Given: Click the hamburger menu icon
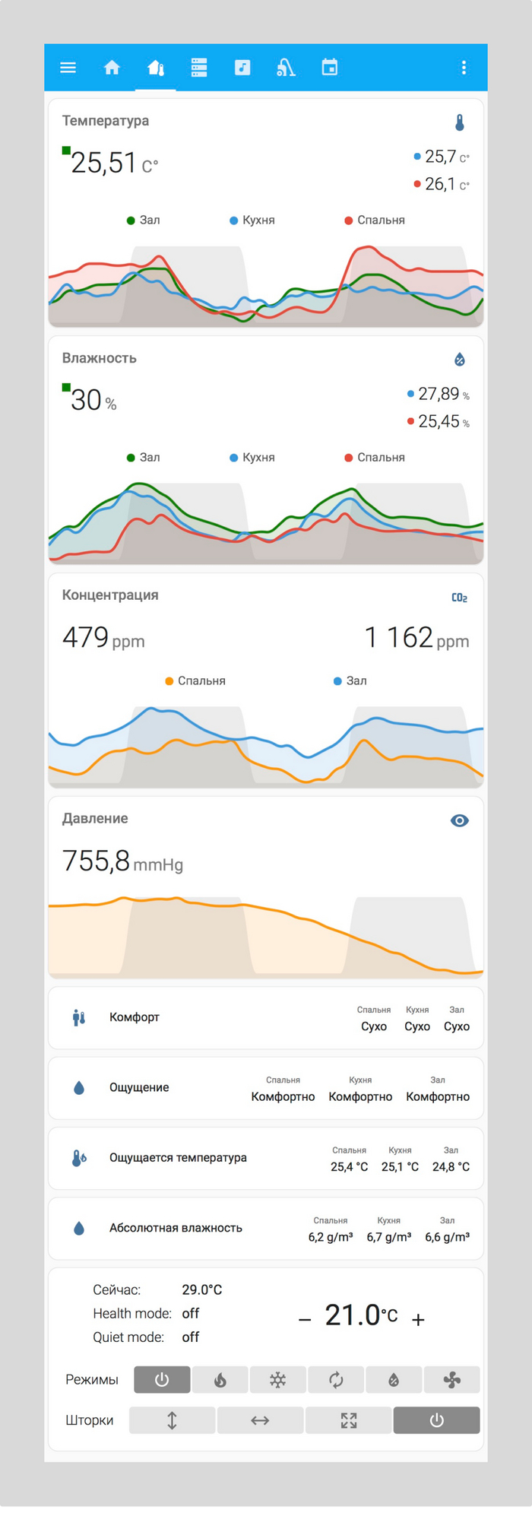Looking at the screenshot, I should point(68,68).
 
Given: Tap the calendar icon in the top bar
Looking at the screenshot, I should point(329,68).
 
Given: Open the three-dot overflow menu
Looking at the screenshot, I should point(464,68).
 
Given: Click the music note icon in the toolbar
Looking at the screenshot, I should point(242,68).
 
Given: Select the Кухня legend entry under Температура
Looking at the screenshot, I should point(252,220).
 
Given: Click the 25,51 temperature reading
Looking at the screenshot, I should point(103,163).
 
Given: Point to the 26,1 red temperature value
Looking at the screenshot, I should point(441,184).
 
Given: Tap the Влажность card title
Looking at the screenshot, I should point(100,358).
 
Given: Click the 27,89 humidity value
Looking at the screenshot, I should point(439,394).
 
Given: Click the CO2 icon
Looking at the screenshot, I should point(459,598).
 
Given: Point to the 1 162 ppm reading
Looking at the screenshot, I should point(416,638).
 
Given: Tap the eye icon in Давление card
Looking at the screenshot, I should point(459,820).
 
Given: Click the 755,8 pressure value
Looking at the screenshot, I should point(97,861).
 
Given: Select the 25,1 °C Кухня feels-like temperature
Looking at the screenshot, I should point(400,1167).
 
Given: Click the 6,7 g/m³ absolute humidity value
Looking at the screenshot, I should point(389,1237).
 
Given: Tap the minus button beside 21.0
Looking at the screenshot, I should point(305,1320).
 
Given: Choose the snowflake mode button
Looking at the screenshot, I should point(278,1380).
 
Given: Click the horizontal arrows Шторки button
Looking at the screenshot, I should point(260,1420).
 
